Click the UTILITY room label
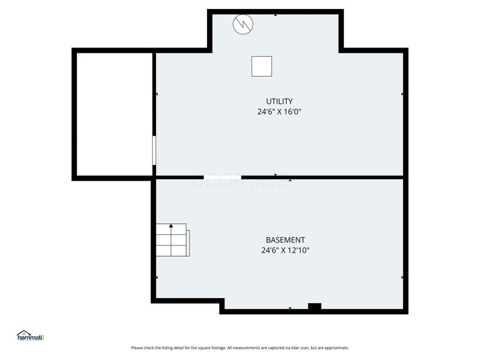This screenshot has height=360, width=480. coord(279,101)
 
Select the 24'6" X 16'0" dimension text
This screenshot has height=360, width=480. coord(279,111)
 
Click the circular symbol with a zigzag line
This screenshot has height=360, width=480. coord(243,24)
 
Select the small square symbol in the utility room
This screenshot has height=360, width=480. coord(262,66)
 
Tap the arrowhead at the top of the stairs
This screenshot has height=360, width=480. coord(171,226)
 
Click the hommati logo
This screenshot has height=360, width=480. coord(31,336)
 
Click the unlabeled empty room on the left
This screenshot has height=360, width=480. coord(113,115)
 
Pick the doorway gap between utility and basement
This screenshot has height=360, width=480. coord(223,177)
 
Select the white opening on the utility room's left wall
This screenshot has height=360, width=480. coord(154,150)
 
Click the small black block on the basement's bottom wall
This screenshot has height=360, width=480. coord(314,307)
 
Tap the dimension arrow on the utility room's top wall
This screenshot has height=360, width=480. coord(275,14)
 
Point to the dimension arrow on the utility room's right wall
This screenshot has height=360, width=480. coord(402,94)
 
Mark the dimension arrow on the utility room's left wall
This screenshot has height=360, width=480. coord(157,94)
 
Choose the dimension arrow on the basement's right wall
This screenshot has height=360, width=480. coord(402,277)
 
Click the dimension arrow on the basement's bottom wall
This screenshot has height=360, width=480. coord(290,308)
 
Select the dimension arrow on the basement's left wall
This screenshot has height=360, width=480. coord(157,277)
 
